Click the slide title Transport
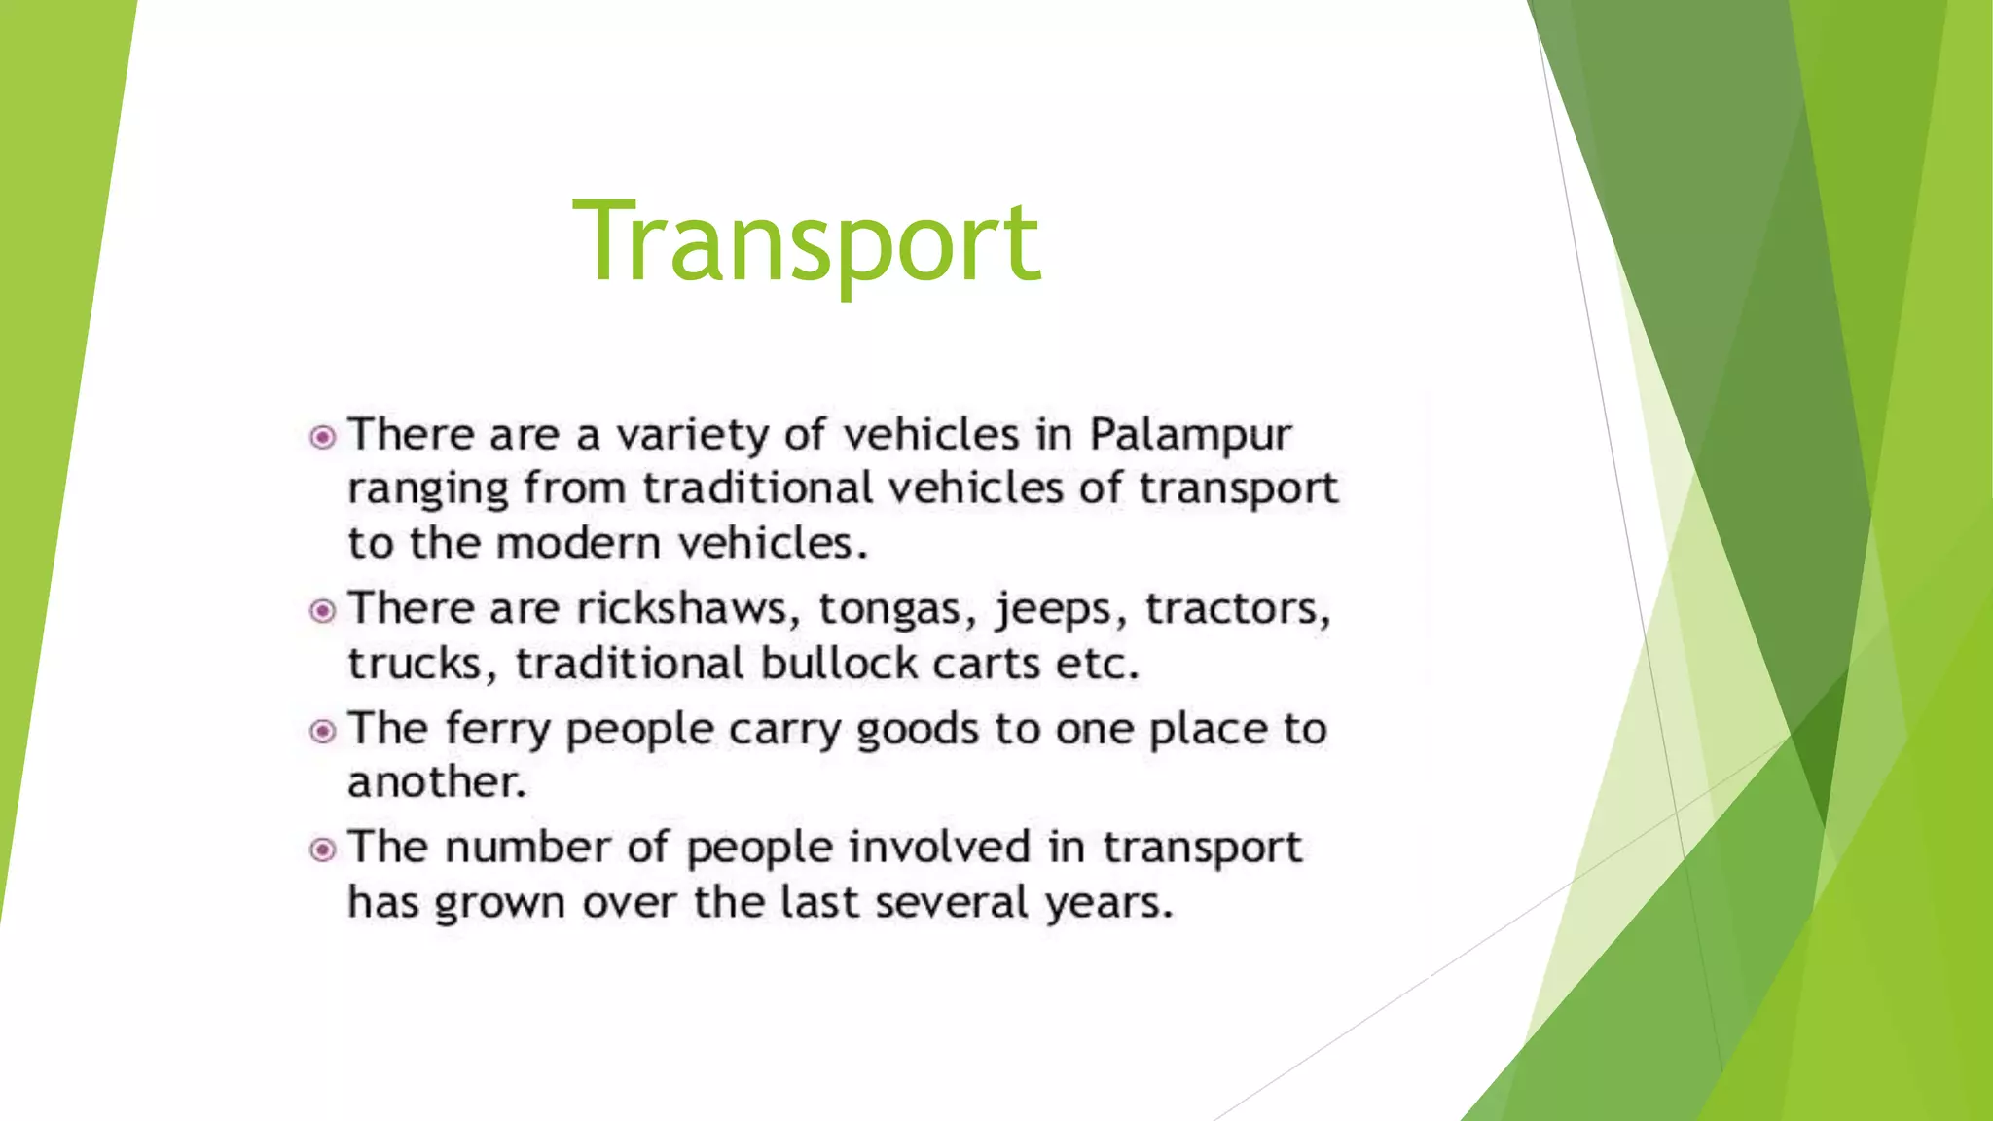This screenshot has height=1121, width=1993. (x=807, y=240)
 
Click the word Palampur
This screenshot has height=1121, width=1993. (x=1190, y=435)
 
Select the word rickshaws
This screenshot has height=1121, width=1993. (x=681, y=609)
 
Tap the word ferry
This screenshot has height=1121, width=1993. (x=497, y=730)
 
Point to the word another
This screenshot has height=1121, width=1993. (x=437, y=782)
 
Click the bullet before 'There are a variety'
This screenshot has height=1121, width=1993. (x=322, y=438)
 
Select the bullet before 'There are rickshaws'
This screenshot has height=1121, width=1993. (x=322, y=611)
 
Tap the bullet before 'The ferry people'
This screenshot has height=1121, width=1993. (x=322, y=731)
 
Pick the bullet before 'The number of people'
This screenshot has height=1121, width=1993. (x=322, y=850)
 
